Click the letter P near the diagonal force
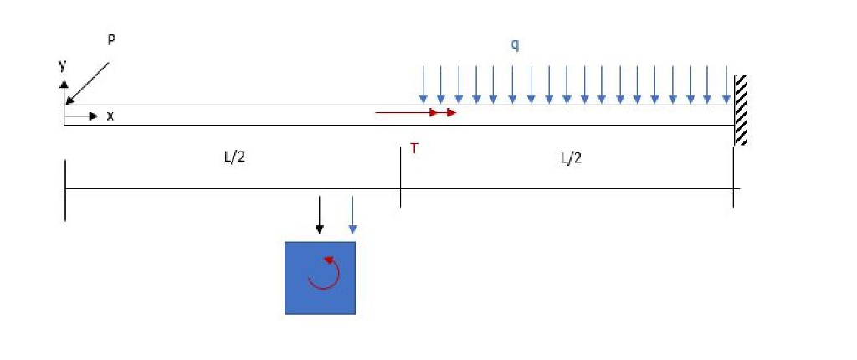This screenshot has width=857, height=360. coord(112,40)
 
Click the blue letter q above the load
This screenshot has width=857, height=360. coord(515,44)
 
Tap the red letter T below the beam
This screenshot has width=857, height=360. coord(414,148)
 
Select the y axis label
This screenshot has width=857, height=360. coord(61,64)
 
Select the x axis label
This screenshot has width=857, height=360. coord(110,116)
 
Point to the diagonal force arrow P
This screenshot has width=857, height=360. coord(87,82)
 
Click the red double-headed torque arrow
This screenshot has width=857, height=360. coord(415,112)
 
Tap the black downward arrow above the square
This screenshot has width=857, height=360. coord(319,215)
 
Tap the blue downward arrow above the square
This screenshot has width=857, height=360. coord(352,215)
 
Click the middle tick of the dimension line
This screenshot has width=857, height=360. coord(400,176)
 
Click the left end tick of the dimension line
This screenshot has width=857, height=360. coord(64,189)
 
